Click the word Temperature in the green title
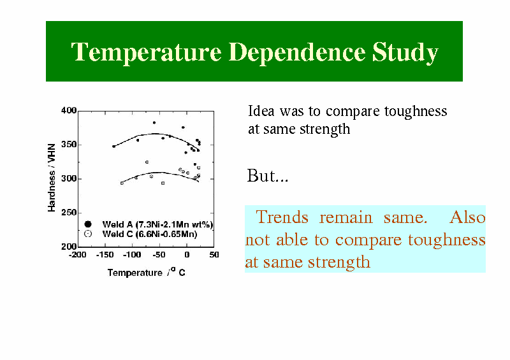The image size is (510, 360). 147,52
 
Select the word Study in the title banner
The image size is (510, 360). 405,52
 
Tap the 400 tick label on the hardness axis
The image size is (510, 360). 69,111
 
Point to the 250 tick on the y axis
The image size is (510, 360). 69,213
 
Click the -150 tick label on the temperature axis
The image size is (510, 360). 105,255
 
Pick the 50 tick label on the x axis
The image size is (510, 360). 214,255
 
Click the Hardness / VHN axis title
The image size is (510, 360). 52,178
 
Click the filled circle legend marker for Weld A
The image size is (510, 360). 88,224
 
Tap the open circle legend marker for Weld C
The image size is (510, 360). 88,233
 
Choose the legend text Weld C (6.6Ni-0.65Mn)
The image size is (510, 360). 150,234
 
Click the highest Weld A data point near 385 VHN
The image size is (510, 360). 154,122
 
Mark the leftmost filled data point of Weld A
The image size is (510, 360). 114,147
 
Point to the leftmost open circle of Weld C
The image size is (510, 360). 122,184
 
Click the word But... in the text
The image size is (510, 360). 268,176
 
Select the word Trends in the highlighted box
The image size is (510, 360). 282,217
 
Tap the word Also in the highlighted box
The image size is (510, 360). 467,217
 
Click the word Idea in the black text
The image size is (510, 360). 261,111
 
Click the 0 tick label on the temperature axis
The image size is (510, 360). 187,255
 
